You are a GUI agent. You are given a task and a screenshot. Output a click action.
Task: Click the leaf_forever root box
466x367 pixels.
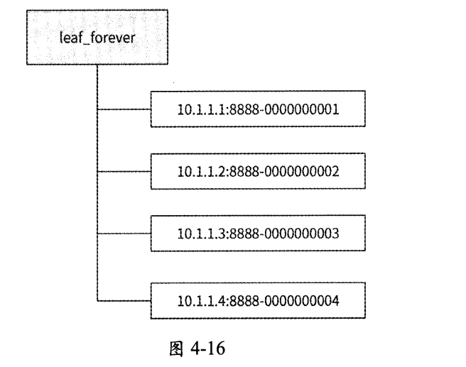(x=95, y=37)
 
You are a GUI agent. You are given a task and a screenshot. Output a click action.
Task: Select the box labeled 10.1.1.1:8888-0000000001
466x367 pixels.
(x=258, y=110)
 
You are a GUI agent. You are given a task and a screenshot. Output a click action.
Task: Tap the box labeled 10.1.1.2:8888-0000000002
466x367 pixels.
(x=258, y=171)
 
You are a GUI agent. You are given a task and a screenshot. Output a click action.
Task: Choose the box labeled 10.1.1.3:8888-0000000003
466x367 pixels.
(x=258, y=233)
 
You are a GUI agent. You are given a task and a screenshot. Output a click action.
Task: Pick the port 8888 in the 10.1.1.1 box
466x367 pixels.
(x=239, y=110)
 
